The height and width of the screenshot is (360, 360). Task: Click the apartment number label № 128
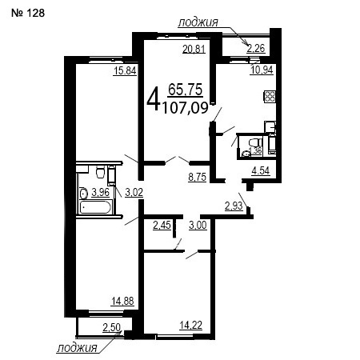pyautogui.click(x=28, y=13)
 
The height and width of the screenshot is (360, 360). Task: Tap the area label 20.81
pyautogui.click(x=194, y=49)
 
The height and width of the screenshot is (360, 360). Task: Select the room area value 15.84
pyautogui.click(x=125, y=71)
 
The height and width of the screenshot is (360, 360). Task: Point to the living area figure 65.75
pyautogui.click(x=186, y=90)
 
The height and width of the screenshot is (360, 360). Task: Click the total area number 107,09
pyautogui.click(x=186, y=108)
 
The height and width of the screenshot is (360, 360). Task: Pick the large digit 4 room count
pyautogui.click(x=154, y=101)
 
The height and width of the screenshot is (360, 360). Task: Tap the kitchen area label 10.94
pyautogui.click(x=262, y=70)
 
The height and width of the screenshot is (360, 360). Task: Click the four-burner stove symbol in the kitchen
pyautogui.click(x=270, y=97)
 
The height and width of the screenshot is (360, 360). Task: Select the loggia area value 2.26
pyautogui.click(x=256, y=49)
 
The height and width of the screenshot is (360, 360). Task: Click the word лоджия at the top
pyautogui.click(x=198, y=22)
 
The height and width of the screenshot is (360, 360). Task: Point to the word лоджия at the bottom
pyautogui.click(x=77, y=348)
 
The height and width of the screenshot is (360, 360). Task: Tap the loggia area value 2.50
pyautogui.click(x=112, y=327)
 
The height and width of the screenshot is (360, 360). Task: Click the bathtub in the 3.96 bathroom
pyautogui.click(x=95, y=207)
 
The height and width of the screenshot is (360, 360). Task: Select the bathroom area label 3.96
pyautogui.click(x=101, y=192)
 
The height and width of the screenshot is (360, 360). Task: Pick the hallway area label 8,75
pyautogui.click(x=198, y=177)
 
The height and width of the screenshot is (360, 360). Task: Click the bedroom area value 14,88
pyautogui.click(x=122, y=301)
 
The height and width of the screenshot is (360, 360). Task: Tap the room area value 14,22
pyautogui.click(x=191, y=326)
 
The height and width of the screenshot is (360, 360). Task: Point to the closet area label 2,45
pyautogui.click(x=162, y=226)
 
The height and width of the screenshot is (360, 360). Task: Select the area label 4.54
pyautogui.click(x=261, y=170)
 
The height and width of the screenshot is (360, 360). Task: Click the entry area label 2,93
pyautogui.click(x=234, y=206)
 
